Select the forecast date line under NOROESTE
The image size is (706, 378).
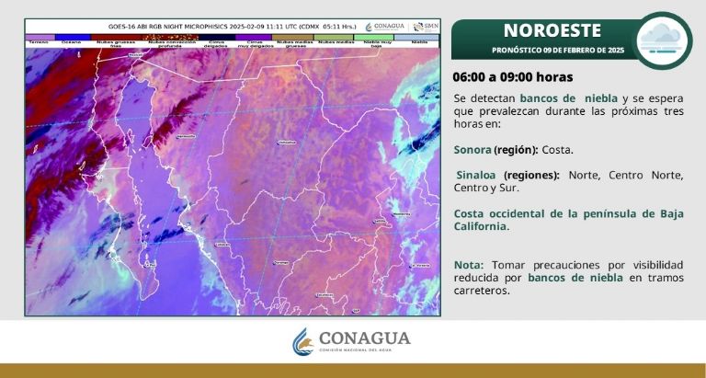pyautogui.click(x=557, y=50)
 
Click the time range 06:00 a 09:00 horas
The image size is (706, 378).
pyautogui.click(x=513, y=76)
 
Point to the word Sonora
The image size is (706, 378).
pyautogui.click(x=473, y=149)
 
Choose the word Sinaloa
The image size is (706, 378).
pyautogui.click(x=477, y=175)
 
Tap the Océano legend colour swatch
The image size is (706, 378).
pyautogui.click(x=71, y=37)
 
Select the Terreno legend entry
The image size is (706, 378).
pyautogui.click(x=38, y=41)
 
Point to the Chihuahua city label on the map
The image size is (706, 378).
pyautogui.click(x=287, y=143)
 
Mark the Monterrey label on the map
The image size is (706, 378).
pyautogui.click(x=402, y=214)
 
